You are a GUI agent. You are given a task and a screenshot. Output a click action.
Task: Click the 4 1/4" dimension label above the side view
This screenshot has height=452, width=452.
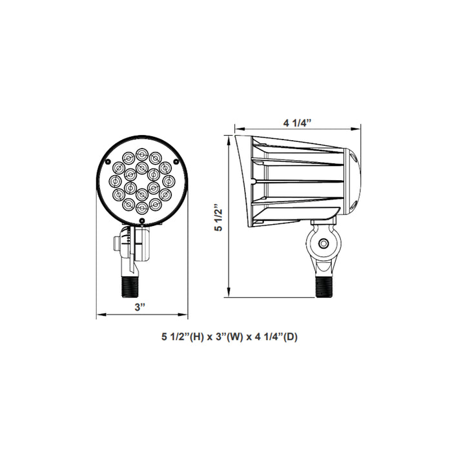(x=298, y=122)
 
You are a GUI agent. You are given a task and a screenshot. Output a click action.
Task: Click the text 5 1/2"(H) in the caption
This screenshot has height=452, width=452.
(x=182, y=336)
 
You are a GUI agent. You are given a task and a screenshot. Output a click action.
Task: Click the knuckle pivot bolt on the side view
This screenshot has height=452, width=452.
(x=324, y=245)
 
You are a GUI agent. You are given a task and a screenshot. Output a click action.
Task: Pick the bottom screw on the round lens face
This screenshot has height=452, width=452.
(x=141, y=221)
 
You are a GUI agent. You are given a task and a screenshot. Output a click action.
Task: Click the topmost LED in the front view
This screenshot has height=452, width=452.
(x=141, y=152)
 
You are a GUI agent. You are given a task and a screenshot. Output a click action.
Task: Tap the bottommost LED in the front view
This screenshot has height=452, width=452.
(x=141, y=208)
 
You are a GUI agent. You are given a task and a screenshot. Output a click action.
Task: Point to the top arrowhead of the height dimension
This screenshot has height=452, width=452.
(x=229, y=136)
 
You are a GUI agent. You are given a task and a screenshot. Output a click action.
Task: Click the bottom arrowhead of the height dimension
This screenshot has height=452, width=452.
(x=229, y=296)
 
